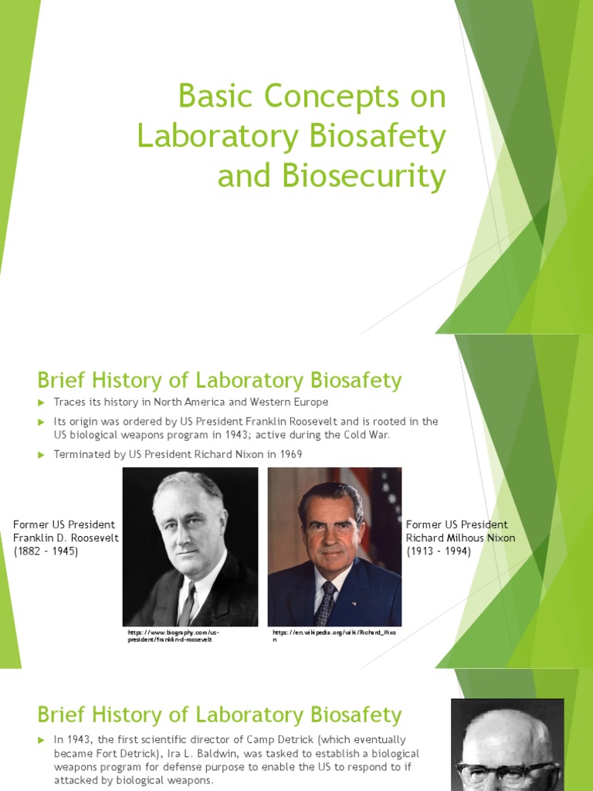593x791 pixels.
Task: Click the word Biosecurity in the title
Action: (x=354, y=176)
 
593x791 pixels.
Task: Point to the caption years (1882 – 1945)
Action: (x=46, y=552)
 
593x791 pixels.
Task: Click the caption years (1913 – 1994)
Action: (x=439, y=552)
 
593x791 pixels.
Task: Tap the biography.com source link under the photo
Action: (x=174, y=637)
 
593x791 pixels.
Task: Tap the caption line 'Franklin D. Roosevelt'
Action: (x=66, y=538)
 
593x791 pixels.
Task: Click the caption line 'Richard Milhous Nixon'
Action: (x=461, y=538)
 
